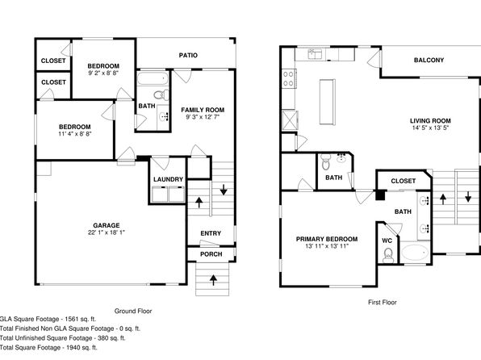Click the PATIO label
pyautogui.click(x=188, y=55)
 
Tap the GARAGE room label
pyautogui.click(x=107, y=225)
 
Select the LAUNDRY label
pyautogui.click(x=168, y=179)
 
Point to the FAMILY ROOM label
pyautogui.click(x=203, y=110)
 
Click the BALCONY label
pyautogui.click(x=429, y=61)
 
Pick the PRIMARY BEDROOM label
pyautogui.click(x=327, y=239)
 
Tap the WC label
pyautogui.click(x=387, y=241)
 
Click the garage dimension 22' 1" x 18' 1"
pyautogui.click(x=107, y=232)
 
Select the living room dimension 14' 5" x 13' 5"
pyautogui.click(x=430, y=128)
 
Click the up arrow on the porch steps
pyautogui.click(x=213, y=279)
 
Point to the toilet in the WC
pyautogui.click(x=388, y=256)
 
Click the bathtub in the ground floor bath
pyautogui.click(x=153, y=79)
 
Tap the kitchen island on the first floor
pyautogui.click(x=328, y=102)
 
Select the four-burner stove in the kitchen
pyautogui.click(x=289, y=78)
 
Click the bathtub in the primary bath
pyautogui.click(x=416, y=253)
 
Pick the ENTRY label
pyautogui.click(x=211, y=233)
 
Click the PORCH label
pyautogui.click(x=211, y=254)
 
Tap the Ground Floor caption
pyautogui.click(x=133, y=311)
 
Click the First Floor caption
pyautogui.click(x=383, y=303)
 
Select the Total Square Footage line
pyautogui.click(x=48, y=347)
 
